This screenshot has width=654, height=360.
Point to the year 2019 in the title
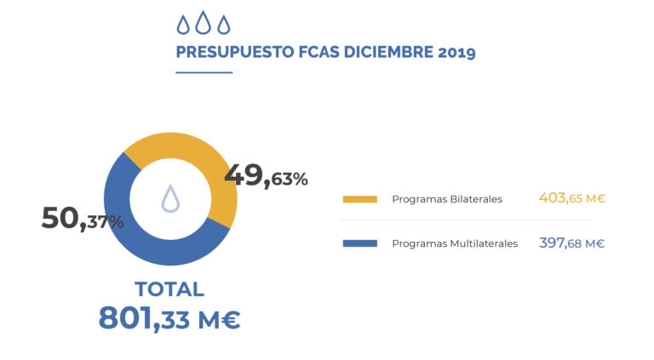tap(456, 52)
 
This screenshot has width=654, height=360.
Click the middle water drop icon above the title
tap(203, 23)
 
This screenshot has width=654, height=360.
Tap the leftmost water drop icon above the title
tap(183, 24)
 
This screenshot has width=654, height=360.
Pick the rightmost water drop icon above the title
tap(223, 24)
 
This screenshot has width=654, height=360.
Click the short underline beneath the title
tap(204, 72)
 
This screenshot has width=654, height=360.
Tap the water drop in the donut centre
tap(170, 198)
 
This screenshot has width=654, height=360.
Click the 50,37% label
tap(83, 219)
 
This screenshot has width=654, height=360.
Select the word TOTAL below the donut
tap(169, 289)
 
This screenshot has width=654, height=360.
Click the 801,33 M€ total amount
tap(169, 318)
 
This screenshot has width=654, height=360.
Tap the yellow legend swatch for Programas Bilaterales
tap(359, 199)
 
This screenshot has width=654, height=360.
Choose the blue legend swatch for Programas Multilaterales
tap(359, 243)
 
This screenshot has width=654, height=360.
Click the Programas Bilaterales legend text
tap(447, 199)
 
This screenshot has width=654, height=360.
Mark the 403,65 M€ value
tap(571, 198)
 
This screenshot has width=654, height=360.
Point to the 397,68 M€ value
tap(571, 243)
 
